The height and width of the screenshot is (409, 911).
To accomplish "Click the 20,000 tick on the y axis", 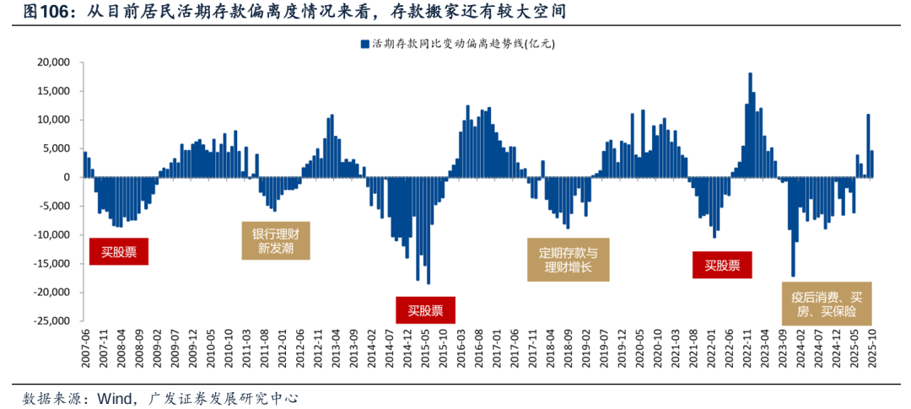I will (52, 62).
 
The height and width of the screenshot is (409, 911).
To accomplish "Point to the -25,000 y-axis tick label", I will (51, 321).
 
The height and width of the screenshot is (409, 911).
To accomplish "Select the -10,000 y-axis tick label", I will (51, 234).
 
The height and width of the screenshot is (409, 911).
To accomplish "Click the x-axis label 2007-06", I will (84, 347).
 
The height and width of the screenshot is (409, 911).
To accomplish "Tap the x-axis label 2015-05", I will (425, 347).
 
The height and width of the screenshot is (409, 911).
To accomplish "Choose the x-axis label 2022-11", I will (747, 347).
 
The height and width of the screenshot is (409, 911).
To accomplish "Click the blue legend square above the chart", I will (364, 43).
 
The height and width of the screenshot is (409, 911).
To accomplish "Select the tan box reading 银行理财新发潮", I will (276, 241).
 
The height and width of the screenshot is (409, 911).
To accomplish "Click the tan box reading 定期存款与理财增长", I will (568, 260).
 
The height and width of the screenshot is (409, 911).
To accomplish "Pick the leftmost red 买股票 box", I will (119, 251).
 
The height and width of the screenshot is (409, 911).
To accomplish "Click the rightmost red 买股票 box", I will (722, 266).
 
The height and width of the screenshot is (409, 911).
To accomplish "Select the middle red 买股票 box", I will (425, 309).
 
